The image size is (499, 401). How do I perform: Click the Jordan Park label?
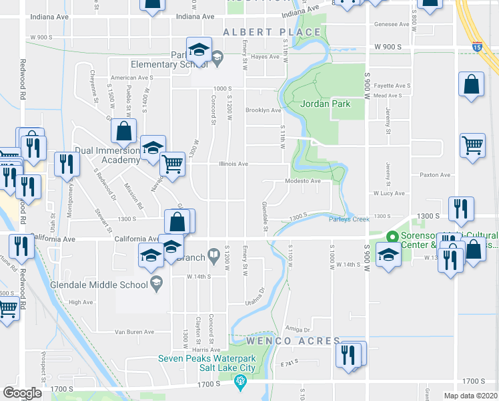325,104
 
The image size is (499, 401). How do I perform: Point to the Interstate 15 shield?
476,47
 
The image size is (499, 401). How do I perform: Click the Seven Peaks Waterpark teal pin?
241,382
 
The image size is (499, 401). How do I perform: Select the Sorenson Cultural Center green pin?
393,237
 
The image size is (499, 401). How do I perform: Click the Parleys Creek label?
348,219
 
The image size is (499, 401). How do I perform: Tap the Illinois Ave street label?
233,164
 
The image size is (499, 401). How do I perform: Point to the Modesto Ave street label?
303,180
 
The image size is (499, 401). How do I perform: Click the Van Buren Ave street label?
134,331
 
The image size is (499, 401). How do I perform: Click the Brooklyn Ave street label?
263,110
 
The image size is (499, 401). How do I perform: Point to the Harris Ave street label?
205,350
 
